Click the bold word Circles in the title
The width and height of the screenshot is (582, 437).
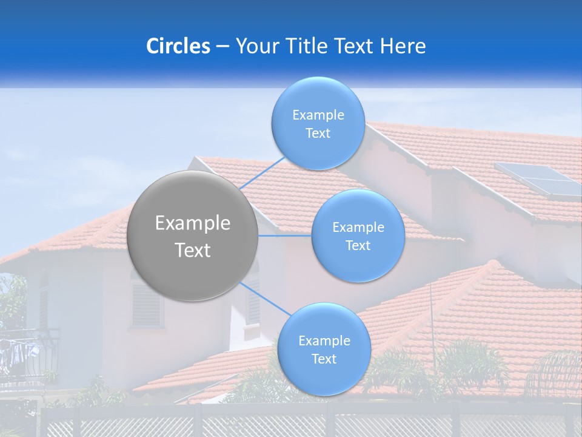pyautogui.click(x=178, y=46)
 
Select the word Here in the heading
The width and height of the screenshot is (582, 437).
pyautogui.click(x=404, y=46)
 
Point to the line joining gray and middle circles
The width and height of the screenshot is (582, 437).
pyautogui.click(x=285, y=235)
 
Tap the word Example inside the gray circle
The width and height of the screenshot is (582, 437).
pyautogui.click(x=193, y=223)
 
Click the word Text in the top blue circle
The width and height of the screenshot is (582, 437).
pyautogui.click(x=318, y=134)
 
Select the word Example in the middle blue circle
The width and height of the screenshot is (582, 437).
pyautogui.click(x=358, y=228)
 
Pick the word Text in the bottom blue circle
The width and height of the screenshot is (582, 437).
pyautogui.click(x=324, y=359)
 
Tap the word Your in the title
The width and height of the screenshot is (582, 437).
pyautogui.click(x=255, y=46)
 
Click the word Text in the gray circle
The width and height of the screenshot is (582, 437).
pyautogui.click(x=193, y=250)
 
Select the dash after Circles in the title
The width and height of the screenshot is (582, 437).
pyautogui.click(x=222, y=46)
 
